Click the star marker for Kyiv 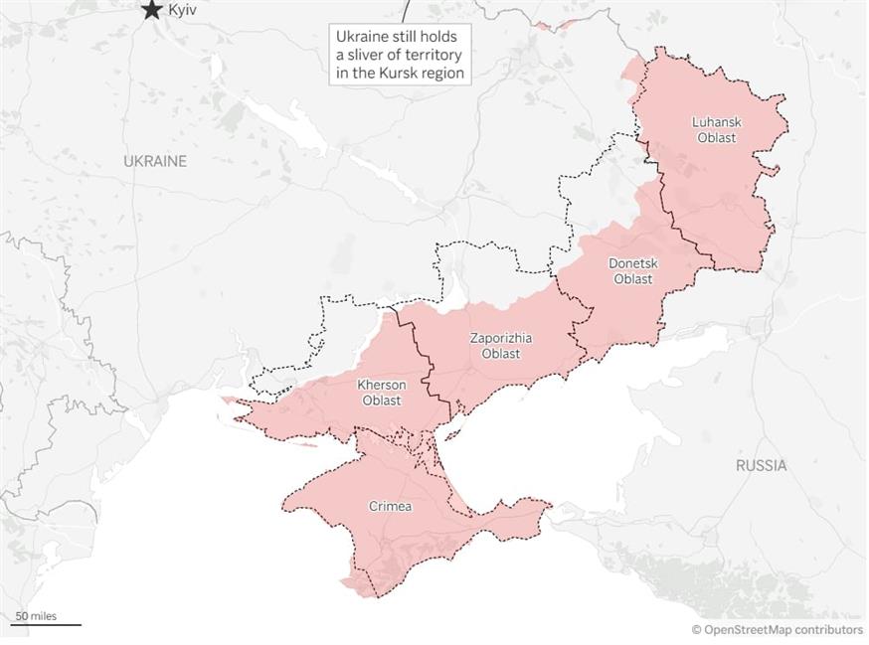(x=151, y=10)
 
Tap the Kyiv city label (x=182, y=10)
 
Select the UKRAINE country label (x=155, y=161)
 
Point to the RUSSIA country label (x=761, y=465)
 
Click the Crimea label (x=391, y=507)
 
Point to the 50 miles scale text (x=36, y=616)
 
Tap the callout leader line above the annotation (x=405, y=12)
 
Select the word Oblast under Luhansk (x=716, y=138)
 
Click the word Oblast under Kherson (x=382, y=401)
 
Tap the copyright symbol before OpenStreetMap (x=697, y=629)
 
